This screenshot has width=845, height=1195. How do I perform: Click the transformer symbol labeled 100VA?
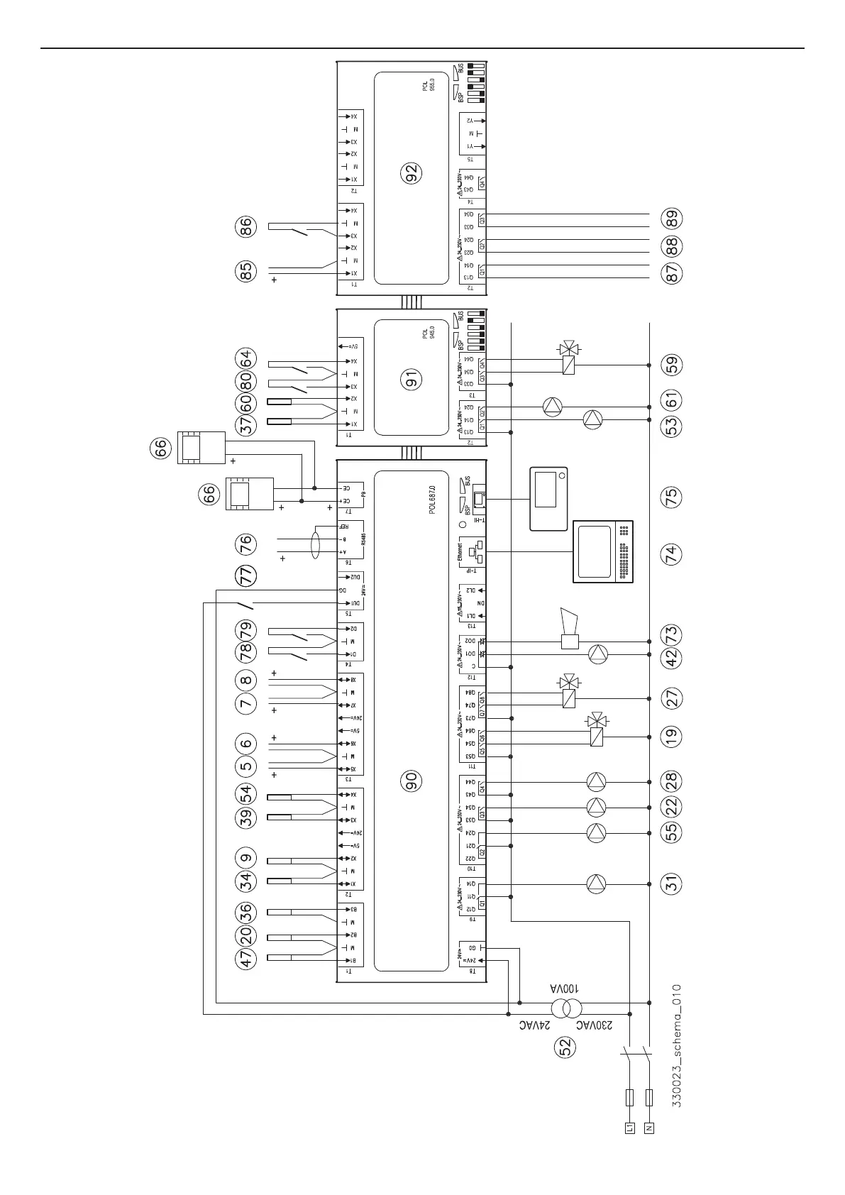coord(568,1008)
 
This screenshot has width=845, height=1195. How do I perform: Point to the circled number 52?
coord(565,1047)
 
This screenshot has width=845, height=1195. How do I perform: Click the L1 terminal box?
coord(629,1147)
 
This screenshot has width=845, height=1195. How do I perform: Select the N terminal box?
coord(649,1147)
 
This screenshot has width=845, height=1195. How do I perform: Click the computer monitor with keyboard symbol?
coord(602,552)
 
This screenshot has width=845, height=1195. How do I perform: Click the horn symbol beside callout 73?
coord(570,629)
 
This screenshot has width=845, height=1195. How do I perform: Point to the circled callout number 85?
coord(245,272)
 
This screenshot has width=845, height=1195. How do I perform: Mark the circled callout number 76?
coord(245,545)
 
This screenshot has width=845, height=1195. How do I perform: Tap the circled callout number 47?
coord(245,959)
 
